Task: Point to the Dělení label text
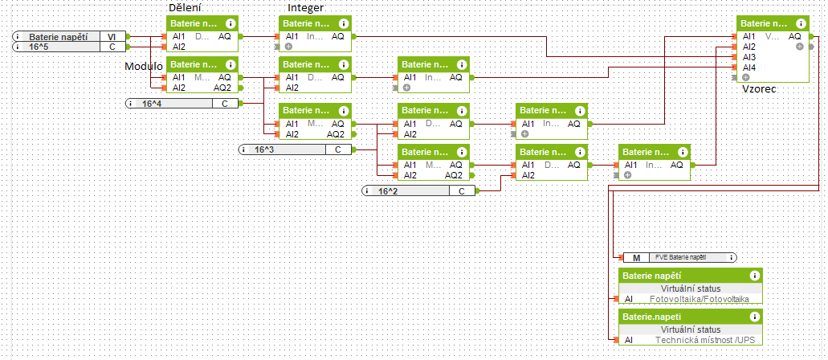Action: [185, 8]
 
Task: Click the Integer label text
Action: [305, 8]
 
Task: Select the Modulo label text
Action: [144, 65]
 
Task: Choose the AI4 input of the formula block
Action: [748, 67]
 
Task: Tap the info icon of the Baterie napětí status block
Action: [753, 276]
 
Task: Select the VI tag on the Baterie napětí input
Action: [111, 37]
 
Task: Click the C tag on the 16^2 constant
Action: [462, 190]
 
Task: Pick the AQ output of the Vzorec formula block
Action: [794, 36]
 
